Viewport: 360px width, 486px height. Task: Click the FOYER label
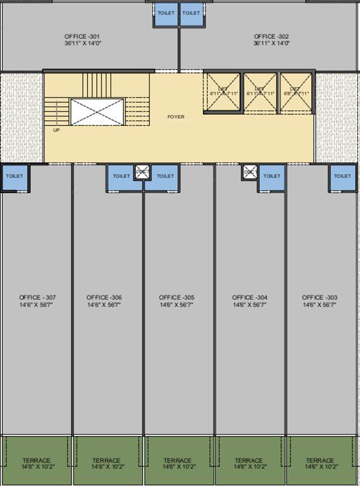[x=176, y=117]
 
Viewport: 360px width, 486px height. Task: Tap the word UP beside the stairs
[x=56, y=130]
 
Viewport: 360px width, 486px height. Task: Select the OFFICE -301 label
[x=82, y=37]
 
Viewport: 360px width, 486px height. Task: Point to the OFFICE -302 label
[x=271, y=37]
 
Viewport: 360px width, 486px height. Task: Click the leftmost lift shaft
[x=223, y=92]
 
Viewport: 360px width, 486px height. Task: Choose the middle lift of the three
[x=260, y=92]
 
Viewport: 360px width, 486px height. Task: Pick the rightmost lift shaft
[x=296, y=92]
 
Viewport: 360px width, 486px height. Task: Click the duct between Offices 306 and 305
[x=142, y=173]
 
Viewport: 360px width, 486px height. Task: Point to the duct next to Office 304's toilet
[x=249, y=172]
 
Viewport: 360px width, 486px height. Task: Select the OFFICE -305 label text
[x=177, y=297]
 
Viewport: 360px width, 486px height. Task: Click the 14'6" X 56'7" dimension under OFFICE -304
[x=249, y=305]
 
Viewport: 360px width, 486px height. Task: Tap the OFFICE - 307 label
[x=37, y=297]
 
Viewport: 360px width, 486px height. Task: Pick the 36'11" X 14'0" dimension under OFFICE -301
[x=82, y=44]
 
